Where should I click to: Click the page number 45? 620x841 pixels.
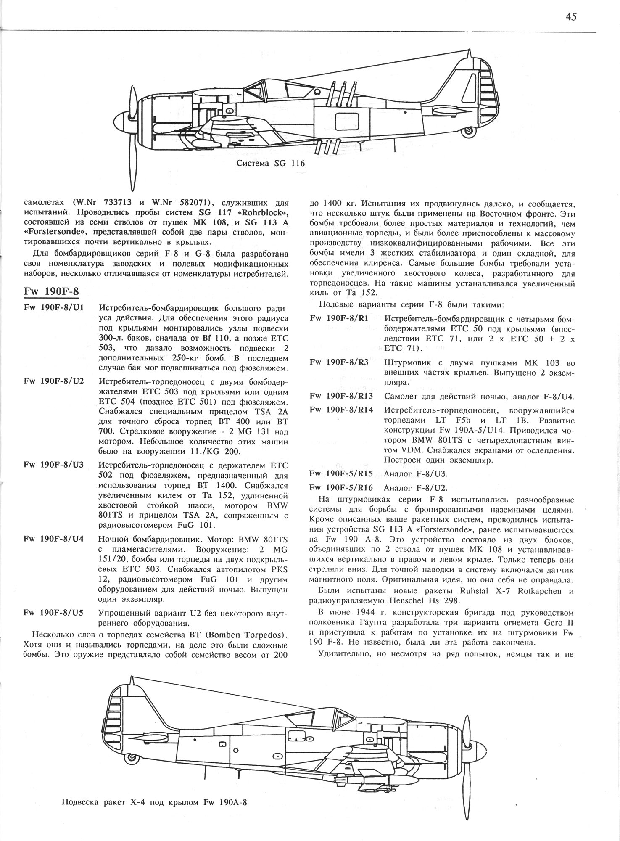[x=571, y=17]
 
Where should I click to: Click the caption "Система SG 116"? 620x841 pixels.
[x=270, y=164]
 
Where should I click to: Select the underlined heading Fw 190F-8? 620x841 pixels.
[x=51, y=291]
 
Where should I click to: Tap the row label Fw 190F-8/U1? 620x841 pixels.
[x=54, y=308]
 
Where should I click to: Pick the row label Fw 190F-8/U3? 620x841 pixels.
[x=54, y=465]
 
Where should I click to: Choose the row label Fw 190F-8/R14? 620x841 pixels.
[x=341, y=410]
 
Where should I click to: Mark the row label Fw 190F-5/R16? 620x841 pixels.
[x=341, y=488]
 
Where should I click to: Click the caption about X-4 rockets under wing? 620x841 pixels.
[x=154, y=802]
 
